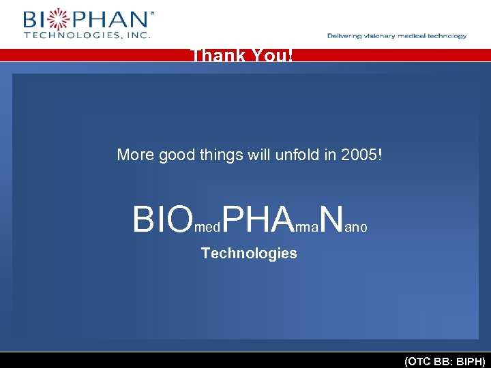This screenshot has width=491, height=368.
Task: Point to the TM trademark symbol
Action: pyautogui.click(x=151, y=12)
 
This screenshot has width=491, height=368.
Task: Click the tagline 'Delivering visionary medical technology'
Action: pyautogui.click(x=397, y=36)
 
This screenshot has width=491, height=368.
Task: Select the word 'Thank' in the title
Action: pyautogui.click(x=214, y=55)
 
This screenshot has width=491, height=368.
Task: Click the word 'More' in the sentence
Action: pyautogui.click(x=135, y=155)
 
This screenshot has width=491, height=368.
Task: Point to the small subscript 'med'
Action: pyautogui.click(x=207, y=228)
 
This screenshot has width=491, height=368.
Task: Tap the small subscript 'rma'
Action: pyautogui.click(x=307, y=228)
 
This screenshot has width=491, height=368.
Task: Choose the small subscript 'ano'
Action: pyautogui.click(x=356, y=228)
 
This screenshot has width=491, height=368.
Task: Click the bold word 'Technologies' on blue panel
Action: pyautogui.click(x=249, y=254)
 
